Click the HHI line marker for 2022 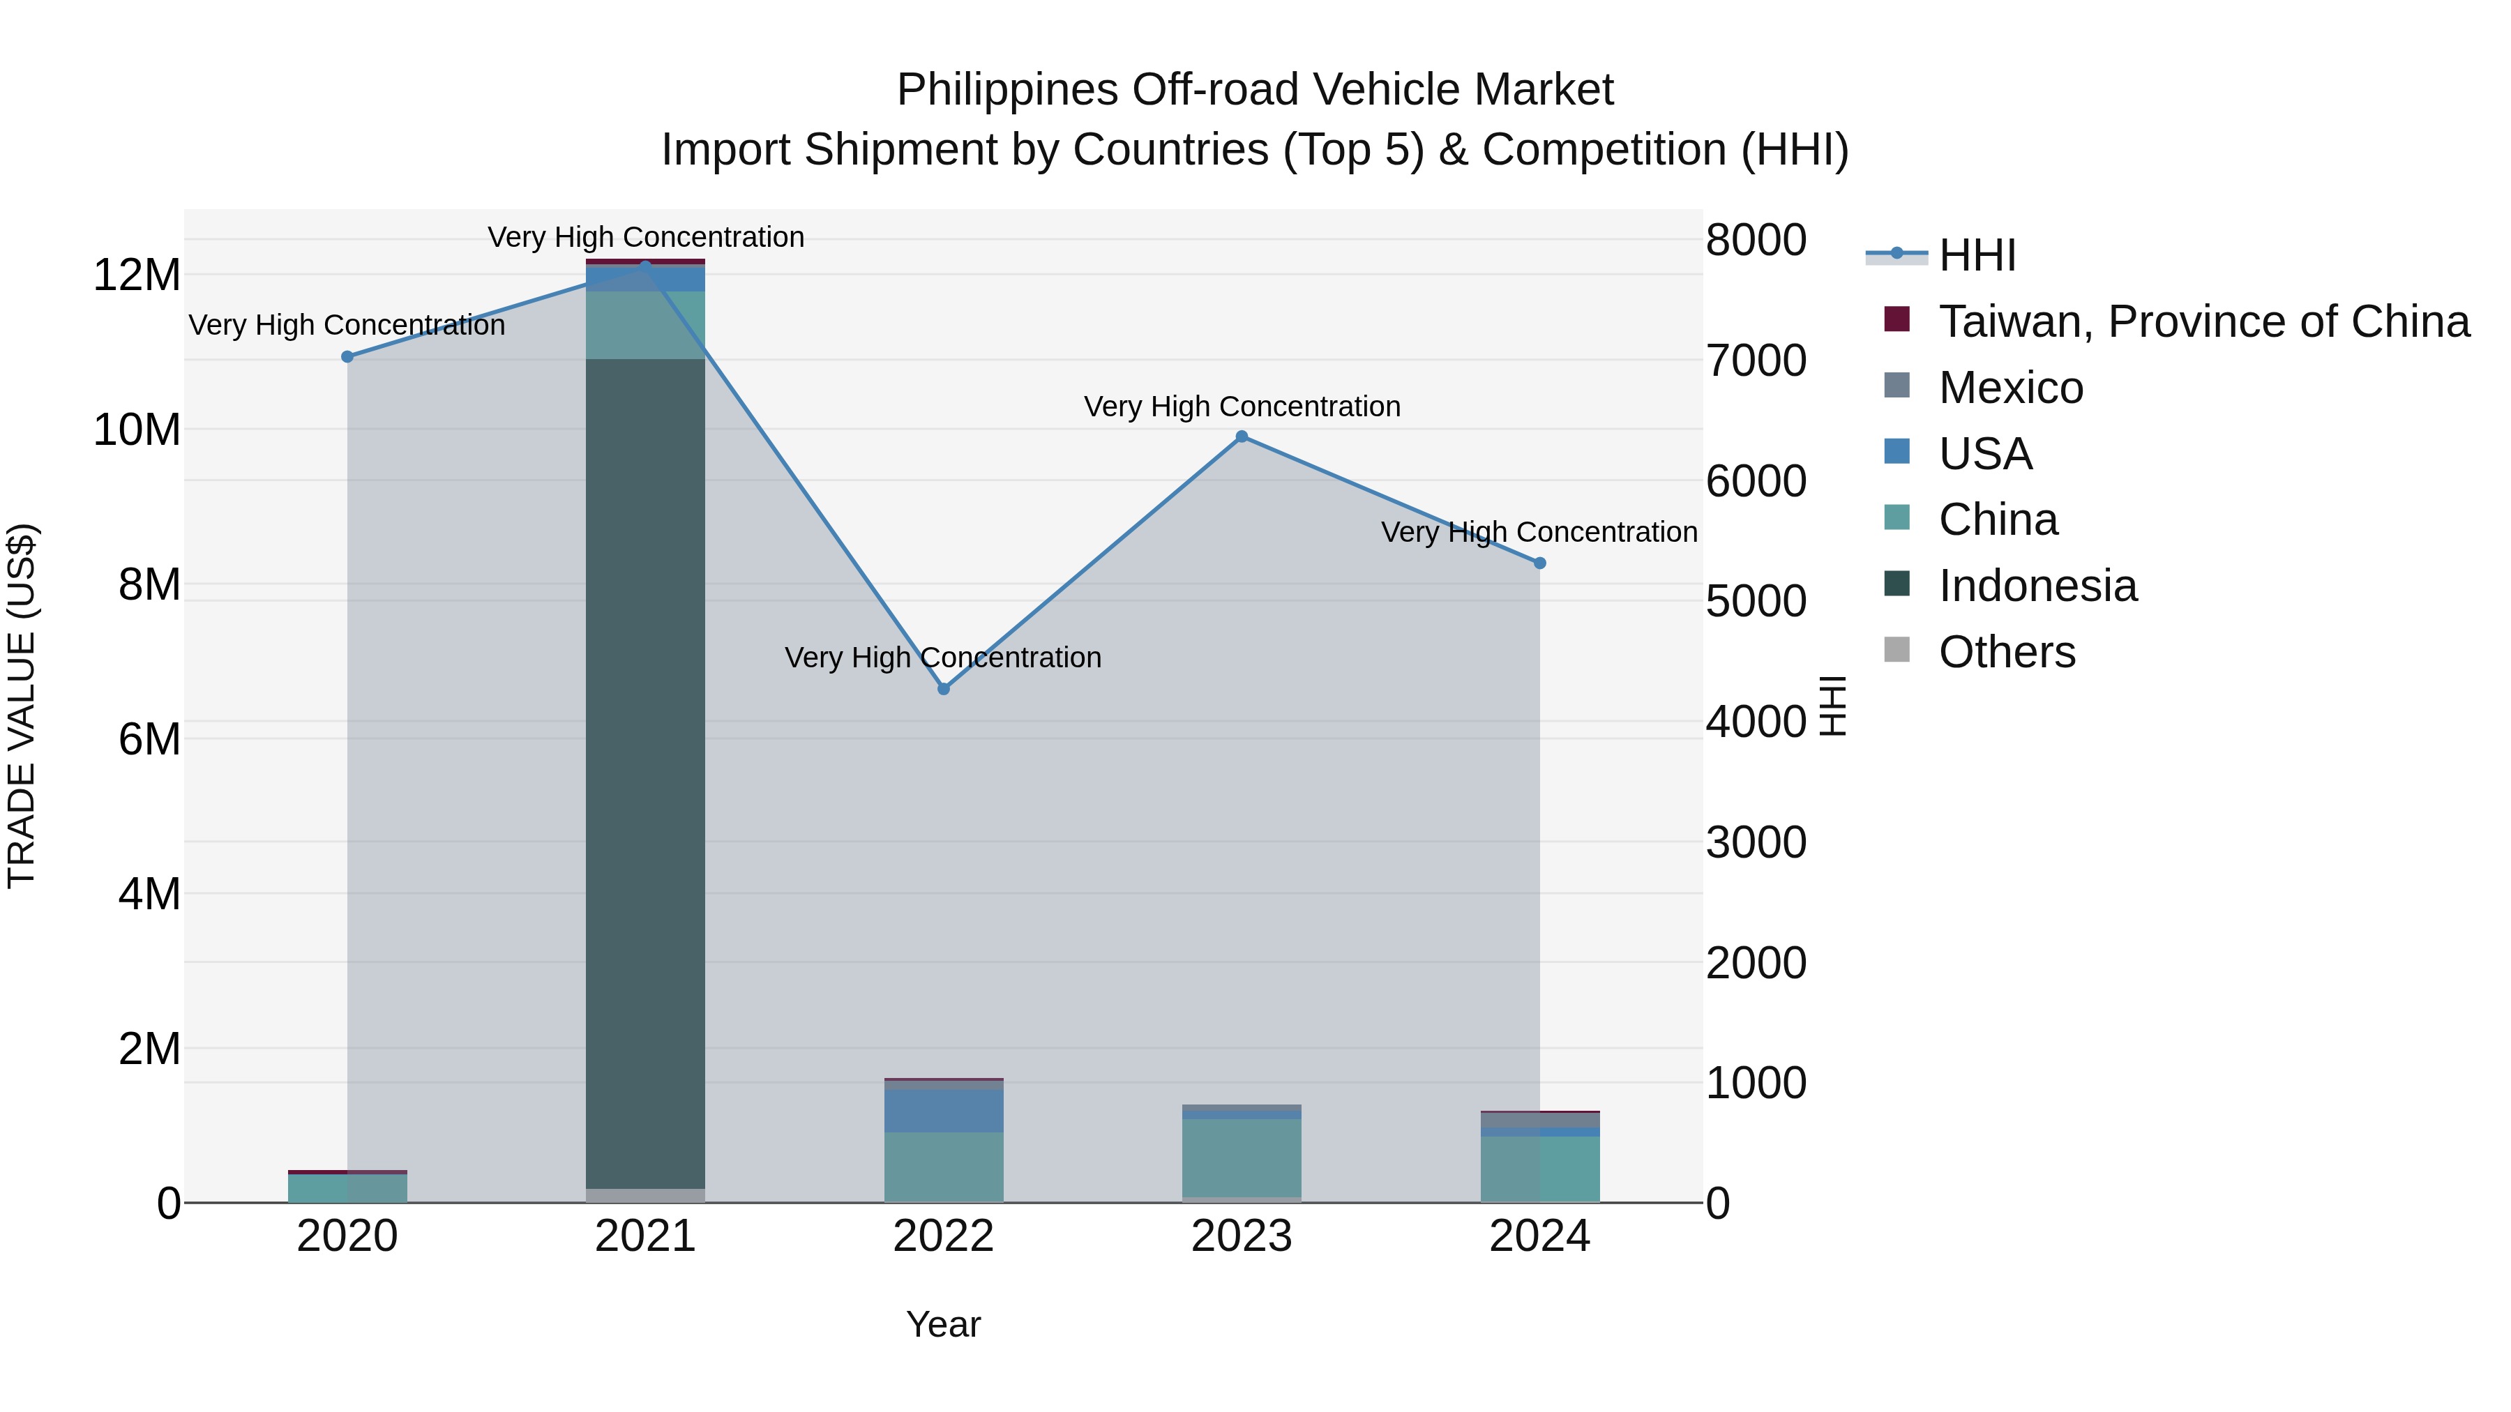[x=944, y=689]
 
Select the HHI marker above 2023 [x=1242, y=436]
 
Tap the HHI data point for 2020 [x=347, y=356]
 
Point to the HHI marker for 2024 [x=1540, y=563]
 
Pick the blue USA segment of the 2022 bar [x=944, y=1111]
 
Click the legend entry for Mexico [x=2010, y=388]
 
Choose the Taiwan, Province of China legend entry [x=2203, y=321]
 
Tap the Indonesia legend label [x=2037, y=586]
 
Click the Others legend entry [x=2006, y=652]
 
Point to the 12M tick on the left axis [x=137, y=275]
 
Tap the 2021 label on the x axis [x=645, y=1236]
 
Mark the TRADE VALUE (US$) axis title [x=22, y=706]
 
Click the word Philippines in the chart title [x=1007, y=90]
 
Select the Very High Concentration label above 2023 [x=1242, y=407]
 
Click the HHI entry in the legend [x=1977, y=255]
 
